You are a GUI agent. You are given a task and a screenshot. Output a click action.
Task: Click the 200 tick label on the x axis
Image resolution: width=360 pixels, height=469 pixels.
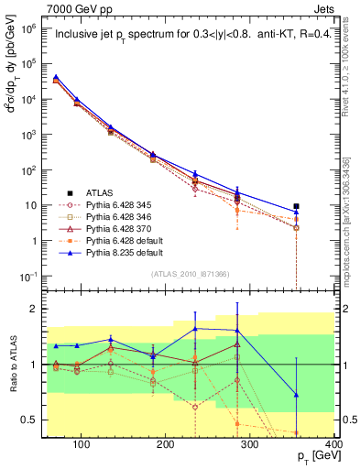click(x=166, y=446)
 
